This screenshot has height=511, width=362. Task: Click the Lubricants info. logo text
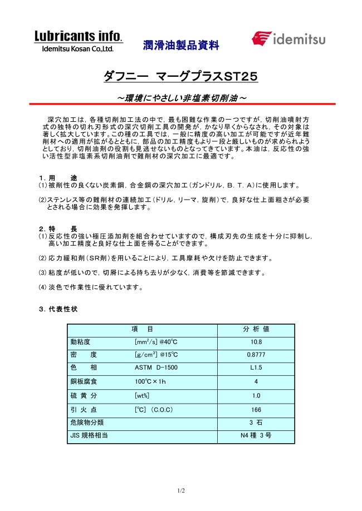tap(78, 36)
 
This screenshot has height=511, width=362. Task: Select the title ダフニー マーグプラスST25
tap(180, 76)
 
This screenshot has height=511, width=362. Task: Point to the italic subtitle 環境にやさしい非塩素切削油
tap(180, 98)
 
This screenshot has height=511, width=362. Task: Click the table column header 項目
tap(142, 329)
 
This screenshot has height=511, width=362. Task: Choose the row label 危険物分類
tap(86, 423)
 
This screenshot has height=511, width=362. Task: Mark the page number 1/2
tap(180, 490)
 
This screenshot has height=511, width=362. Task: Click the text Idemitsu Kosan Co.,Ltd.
tap(78, 49)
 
